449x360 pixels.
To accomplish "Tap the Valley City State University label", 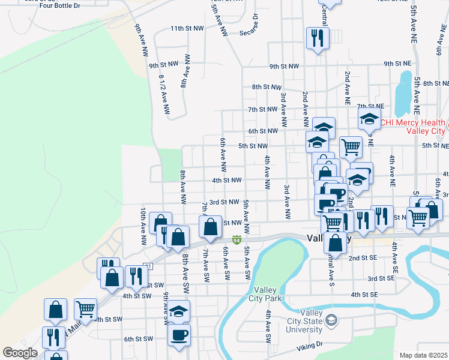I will pos(304,321).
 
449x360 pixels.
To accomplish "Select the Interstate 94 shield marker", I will pos(238,241).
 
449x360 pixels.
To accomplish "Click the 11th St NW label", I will pos(187,28).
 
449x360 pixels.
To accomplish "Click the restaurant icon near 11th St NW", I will pos(316,39).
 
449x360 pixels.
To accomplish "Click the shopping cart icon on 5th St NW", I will pos(350,146).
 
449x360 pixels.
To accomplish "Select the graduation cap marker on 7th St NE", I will pos(369,119).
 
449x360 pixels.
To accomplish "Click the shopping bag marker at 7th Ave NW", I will pos(210,227).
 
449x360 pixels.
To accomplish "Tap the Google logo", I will pos(20,353).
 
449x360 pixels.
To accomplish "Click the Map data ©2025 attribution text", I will pos(423,355).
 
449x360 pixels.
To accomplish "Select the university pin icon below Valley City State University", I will pos(331,322).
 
